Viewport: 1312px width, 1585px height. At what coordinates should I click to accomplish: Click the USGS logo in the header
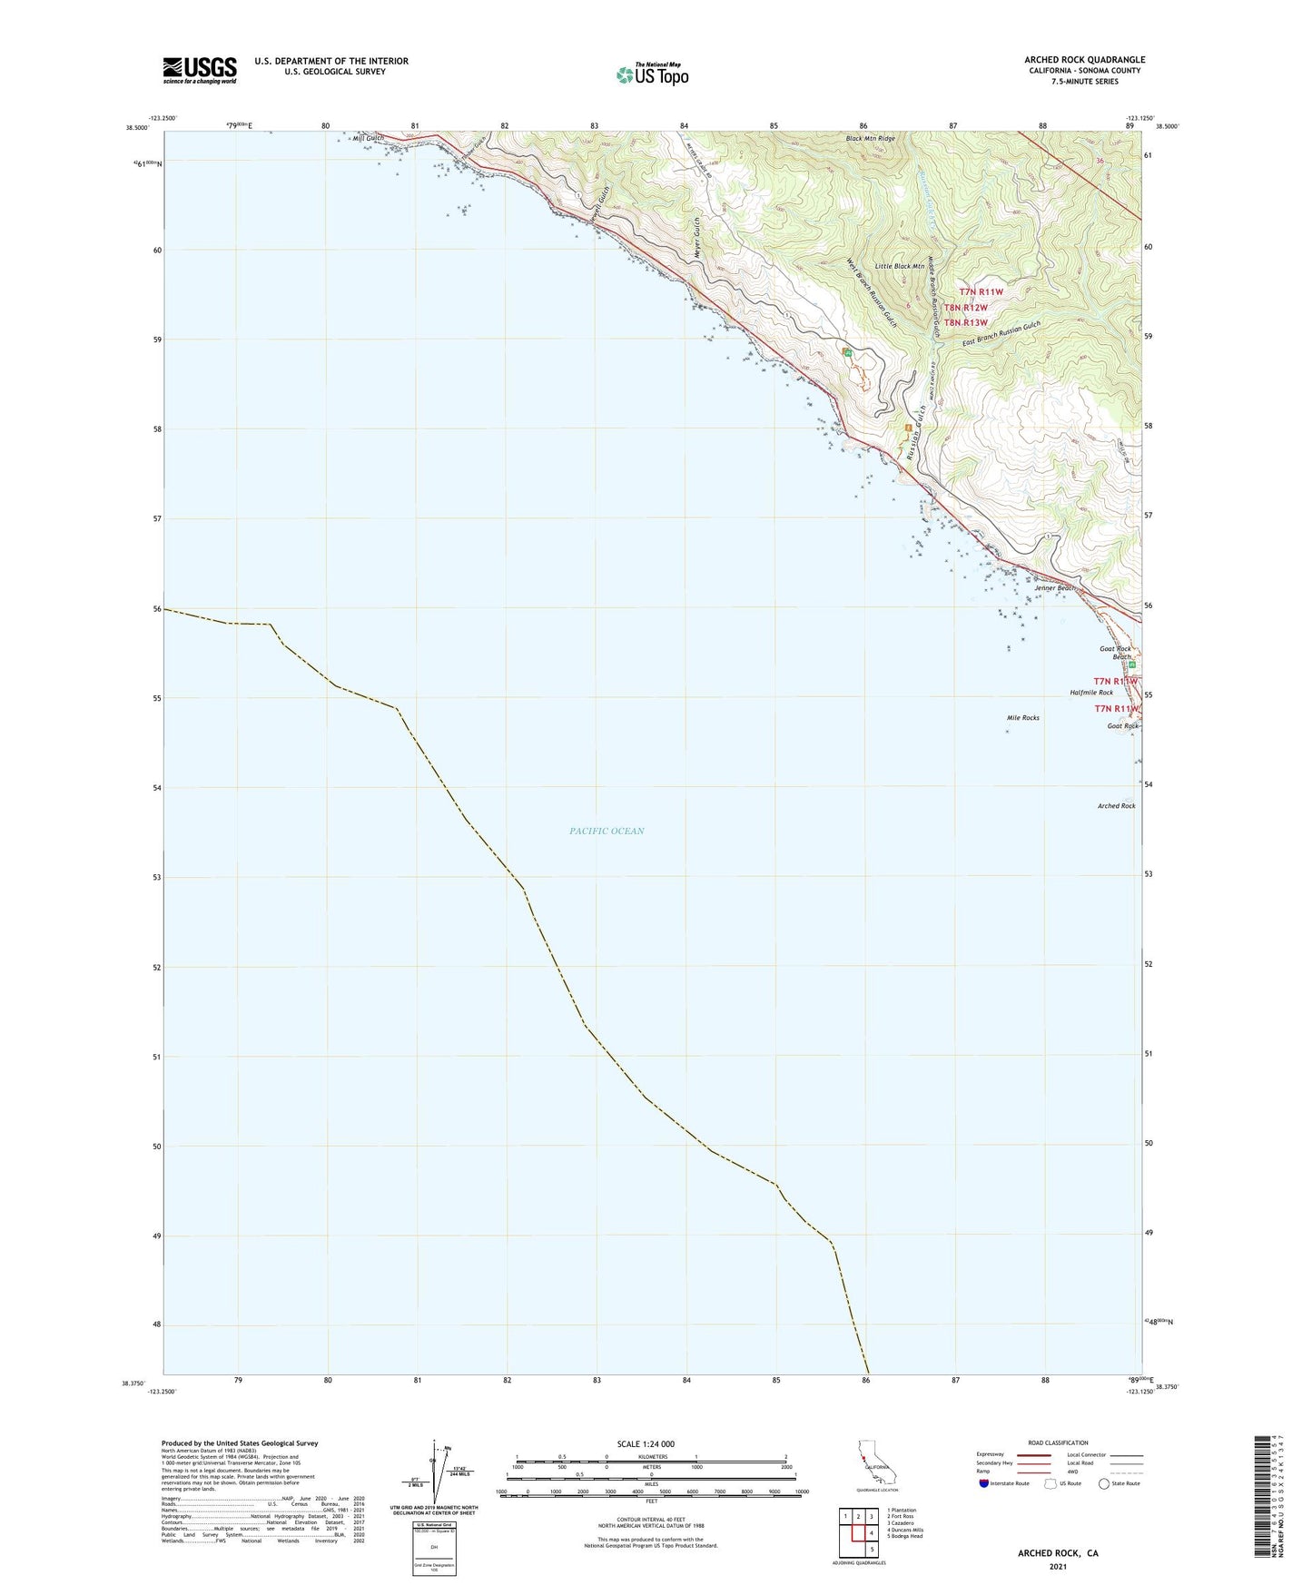click(199, 70)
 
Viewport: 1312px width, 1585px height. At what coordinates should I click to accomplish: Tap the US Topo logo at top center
click(651, 74)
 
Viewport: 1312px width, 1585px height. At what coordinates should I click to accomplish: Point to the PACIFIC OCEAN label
click(607, 831)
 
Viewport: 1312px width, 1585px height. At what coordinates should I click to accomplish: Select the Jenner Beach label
click(1054, 588)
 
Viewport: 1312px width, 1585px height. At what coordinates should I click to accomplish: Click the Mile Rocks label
click(1022, 717)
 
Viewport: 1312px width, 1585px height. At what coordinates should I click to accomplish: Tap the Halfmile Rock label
click(1090, 693)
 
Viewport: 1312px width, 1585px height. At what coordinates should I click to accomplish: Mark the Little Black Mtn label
click(899, 266)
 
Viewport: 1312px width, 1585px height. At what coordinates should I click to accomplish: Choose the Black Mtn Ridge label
click(870, 139)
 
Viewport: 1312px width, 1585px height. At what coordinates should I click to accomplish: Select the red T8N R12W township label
click(965, 308)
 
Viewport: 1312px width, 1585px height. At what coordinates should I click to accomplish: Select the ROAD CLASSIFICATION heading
click(1058, 1442)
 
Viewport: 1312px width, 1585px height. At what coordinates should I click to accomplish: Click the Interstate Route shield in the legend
click(985, 1483)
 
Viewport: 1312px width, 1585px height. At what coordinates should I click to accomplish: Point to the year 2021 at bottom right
click(1058, 1566)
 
